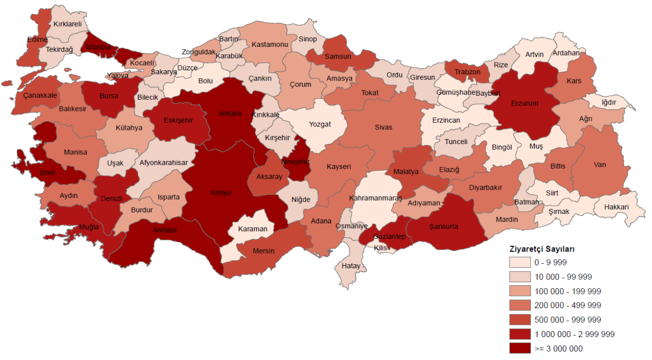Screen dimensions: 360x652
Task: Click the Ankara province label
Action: pos(230,113)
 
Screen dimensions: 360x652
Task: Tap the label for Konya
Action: pos(221,193)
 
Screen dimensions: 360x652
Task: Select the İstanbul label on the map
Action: pos(98,47)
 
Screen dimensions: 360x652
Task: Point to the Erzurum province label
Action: pos(525,103)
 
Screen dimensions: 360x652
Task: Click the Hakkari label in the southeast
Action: pos(616,207)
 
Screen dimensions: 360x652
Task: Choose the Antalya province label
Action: pos(165,230)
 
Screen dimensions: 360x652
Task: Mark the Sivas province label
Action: pos(384,127)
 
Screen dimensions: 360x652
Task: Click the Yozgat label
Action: pos(319,124)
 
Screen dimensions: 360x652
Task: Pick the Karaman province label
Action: pos(253,229)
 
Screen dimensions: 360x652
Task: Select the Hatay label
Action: pos(351,266)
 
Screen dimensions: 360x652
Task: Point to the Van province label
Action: pos(600,165)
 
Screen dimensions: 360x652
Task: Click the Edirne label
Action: pos(37,39)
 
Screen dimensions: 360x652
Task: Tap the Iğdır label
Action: pos(609,102)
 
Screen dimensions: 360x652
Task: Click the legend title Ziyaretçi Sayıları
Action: pos(542,250)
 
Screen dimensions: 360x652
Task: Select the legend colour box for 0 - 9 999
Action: pos(519,263)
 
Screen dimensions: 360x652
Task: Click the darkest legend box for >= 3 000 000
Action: pos(519,348)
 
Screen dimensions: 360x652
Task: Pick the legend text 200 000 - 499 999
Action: pos(567,306)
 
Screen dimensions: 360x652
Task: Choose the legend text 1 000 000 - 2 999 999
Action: pos(574,334)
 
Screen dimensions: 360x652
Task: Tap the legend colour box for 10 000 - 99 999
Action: pos(519,277)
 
